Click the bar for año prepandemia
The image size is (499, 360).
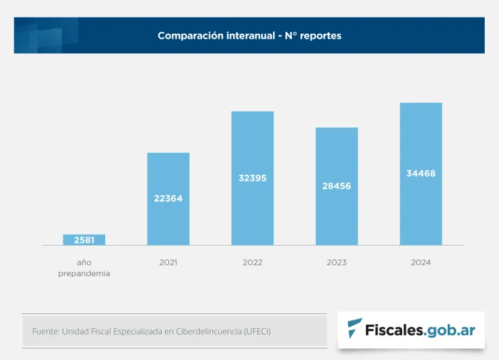point(84,240)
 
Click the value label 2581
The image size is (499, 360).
point(84,240)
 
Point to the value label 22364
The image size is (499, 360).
point(168,198)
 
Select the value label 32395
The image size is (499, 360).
point(253,178)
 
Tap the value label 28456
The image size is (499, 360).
point(337,186)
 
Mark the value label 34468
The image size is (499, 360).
point(421,173)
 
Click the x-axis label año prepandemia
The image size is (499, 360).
point(84,268)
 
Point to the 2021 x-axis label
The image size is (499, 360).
point(168,263)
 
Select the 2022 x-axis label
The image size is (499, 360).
point(253,263)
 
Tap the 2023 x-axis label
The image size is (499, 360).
point(337,263)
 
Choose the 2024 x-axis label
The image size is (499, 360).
point(421,263)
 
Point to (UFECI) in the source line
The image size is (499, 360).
point(257,331)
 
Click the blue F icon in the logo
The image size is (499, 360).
point(355,329)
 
